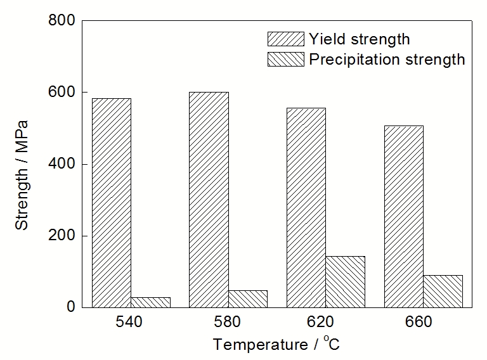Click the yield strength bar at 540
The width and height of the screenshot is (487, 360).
pyautogui.click(x=112, y=203)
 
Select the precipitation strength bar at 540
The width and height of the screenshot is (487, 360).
pyautogui.click(x=150, y=302)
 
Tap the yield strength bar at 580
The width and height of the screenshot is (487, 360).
pyautogui.click(x=209, y=200)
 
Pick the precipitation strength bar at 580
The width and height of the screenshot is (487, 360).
pyautogui.click(x=248, y=299)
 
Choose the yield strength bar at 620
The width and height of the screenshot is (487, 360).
pyautogui.click(x=306, y=207)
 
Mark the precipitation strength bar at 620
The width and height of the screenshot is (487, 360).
pyautogui.click(x=345, y=281)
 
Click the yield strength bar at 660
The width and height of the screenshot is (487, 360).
pyautogui.click(x=403, y=216)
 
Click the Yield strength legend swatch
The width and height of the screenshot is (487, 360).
pyautogui.click(x=285, y=39)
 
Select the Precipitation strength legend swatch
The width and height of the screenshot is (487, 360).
pyautogui.click(x=285, y=60)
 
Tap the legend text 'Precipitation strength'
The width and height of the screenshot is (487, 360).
pyautogui.click(x=387, y=60)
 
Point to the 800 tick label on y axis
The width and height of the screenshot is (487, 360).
pyautogui.click(x=62, y=21)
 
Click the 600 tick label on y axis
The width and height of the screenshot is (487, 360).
pyautogui.click(x=62, y=93)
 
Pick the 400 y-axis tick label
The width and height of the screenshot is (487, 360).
pyautogui.click(x=62, y=164)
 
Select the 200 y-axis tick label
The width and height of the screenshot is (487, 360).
pyautogui.click(x=62, y=236)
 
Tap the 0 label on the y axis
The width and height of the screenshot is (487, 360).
pyautogui.click(x=71, y=307)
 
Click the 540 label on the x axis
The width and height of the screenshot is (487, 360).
pyautogui.click(x=131, y=322)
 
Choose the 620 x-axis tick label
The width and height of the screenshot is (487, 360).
pyautogui.click(x=325, y=322)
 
